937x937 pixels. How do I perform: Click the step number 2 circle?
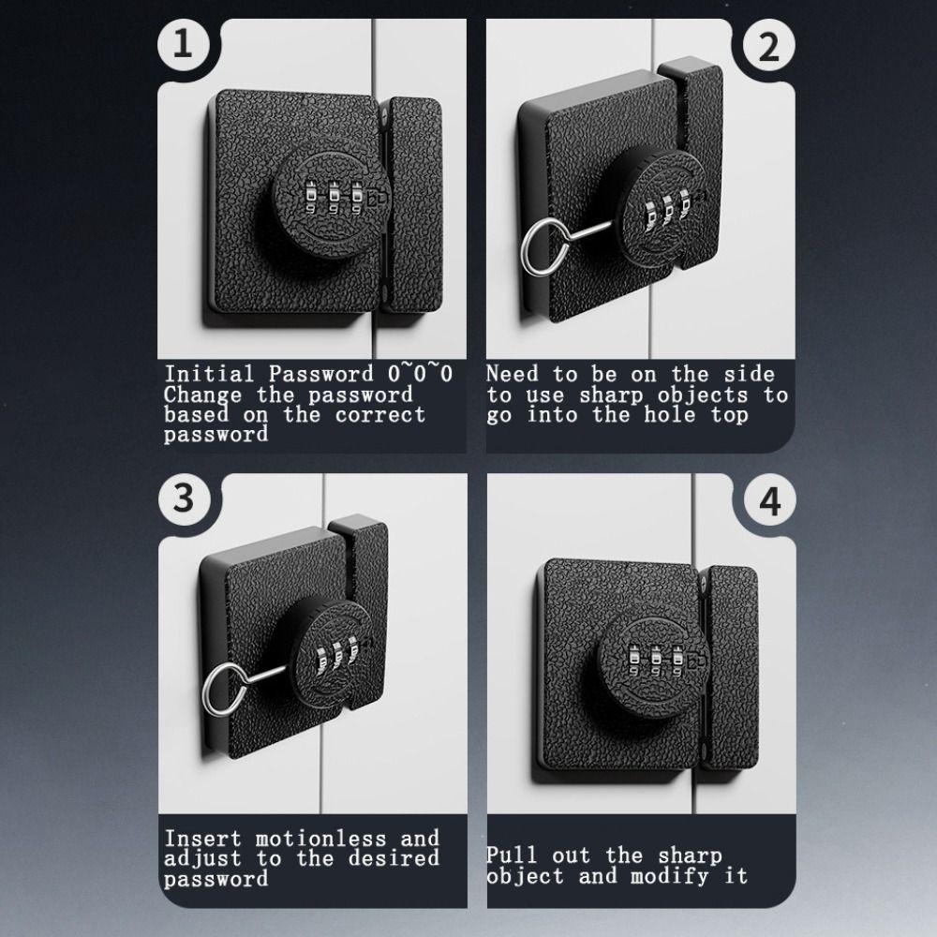point(767,46)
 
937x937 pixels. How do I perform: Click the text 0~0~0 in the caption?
point(421,374)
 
